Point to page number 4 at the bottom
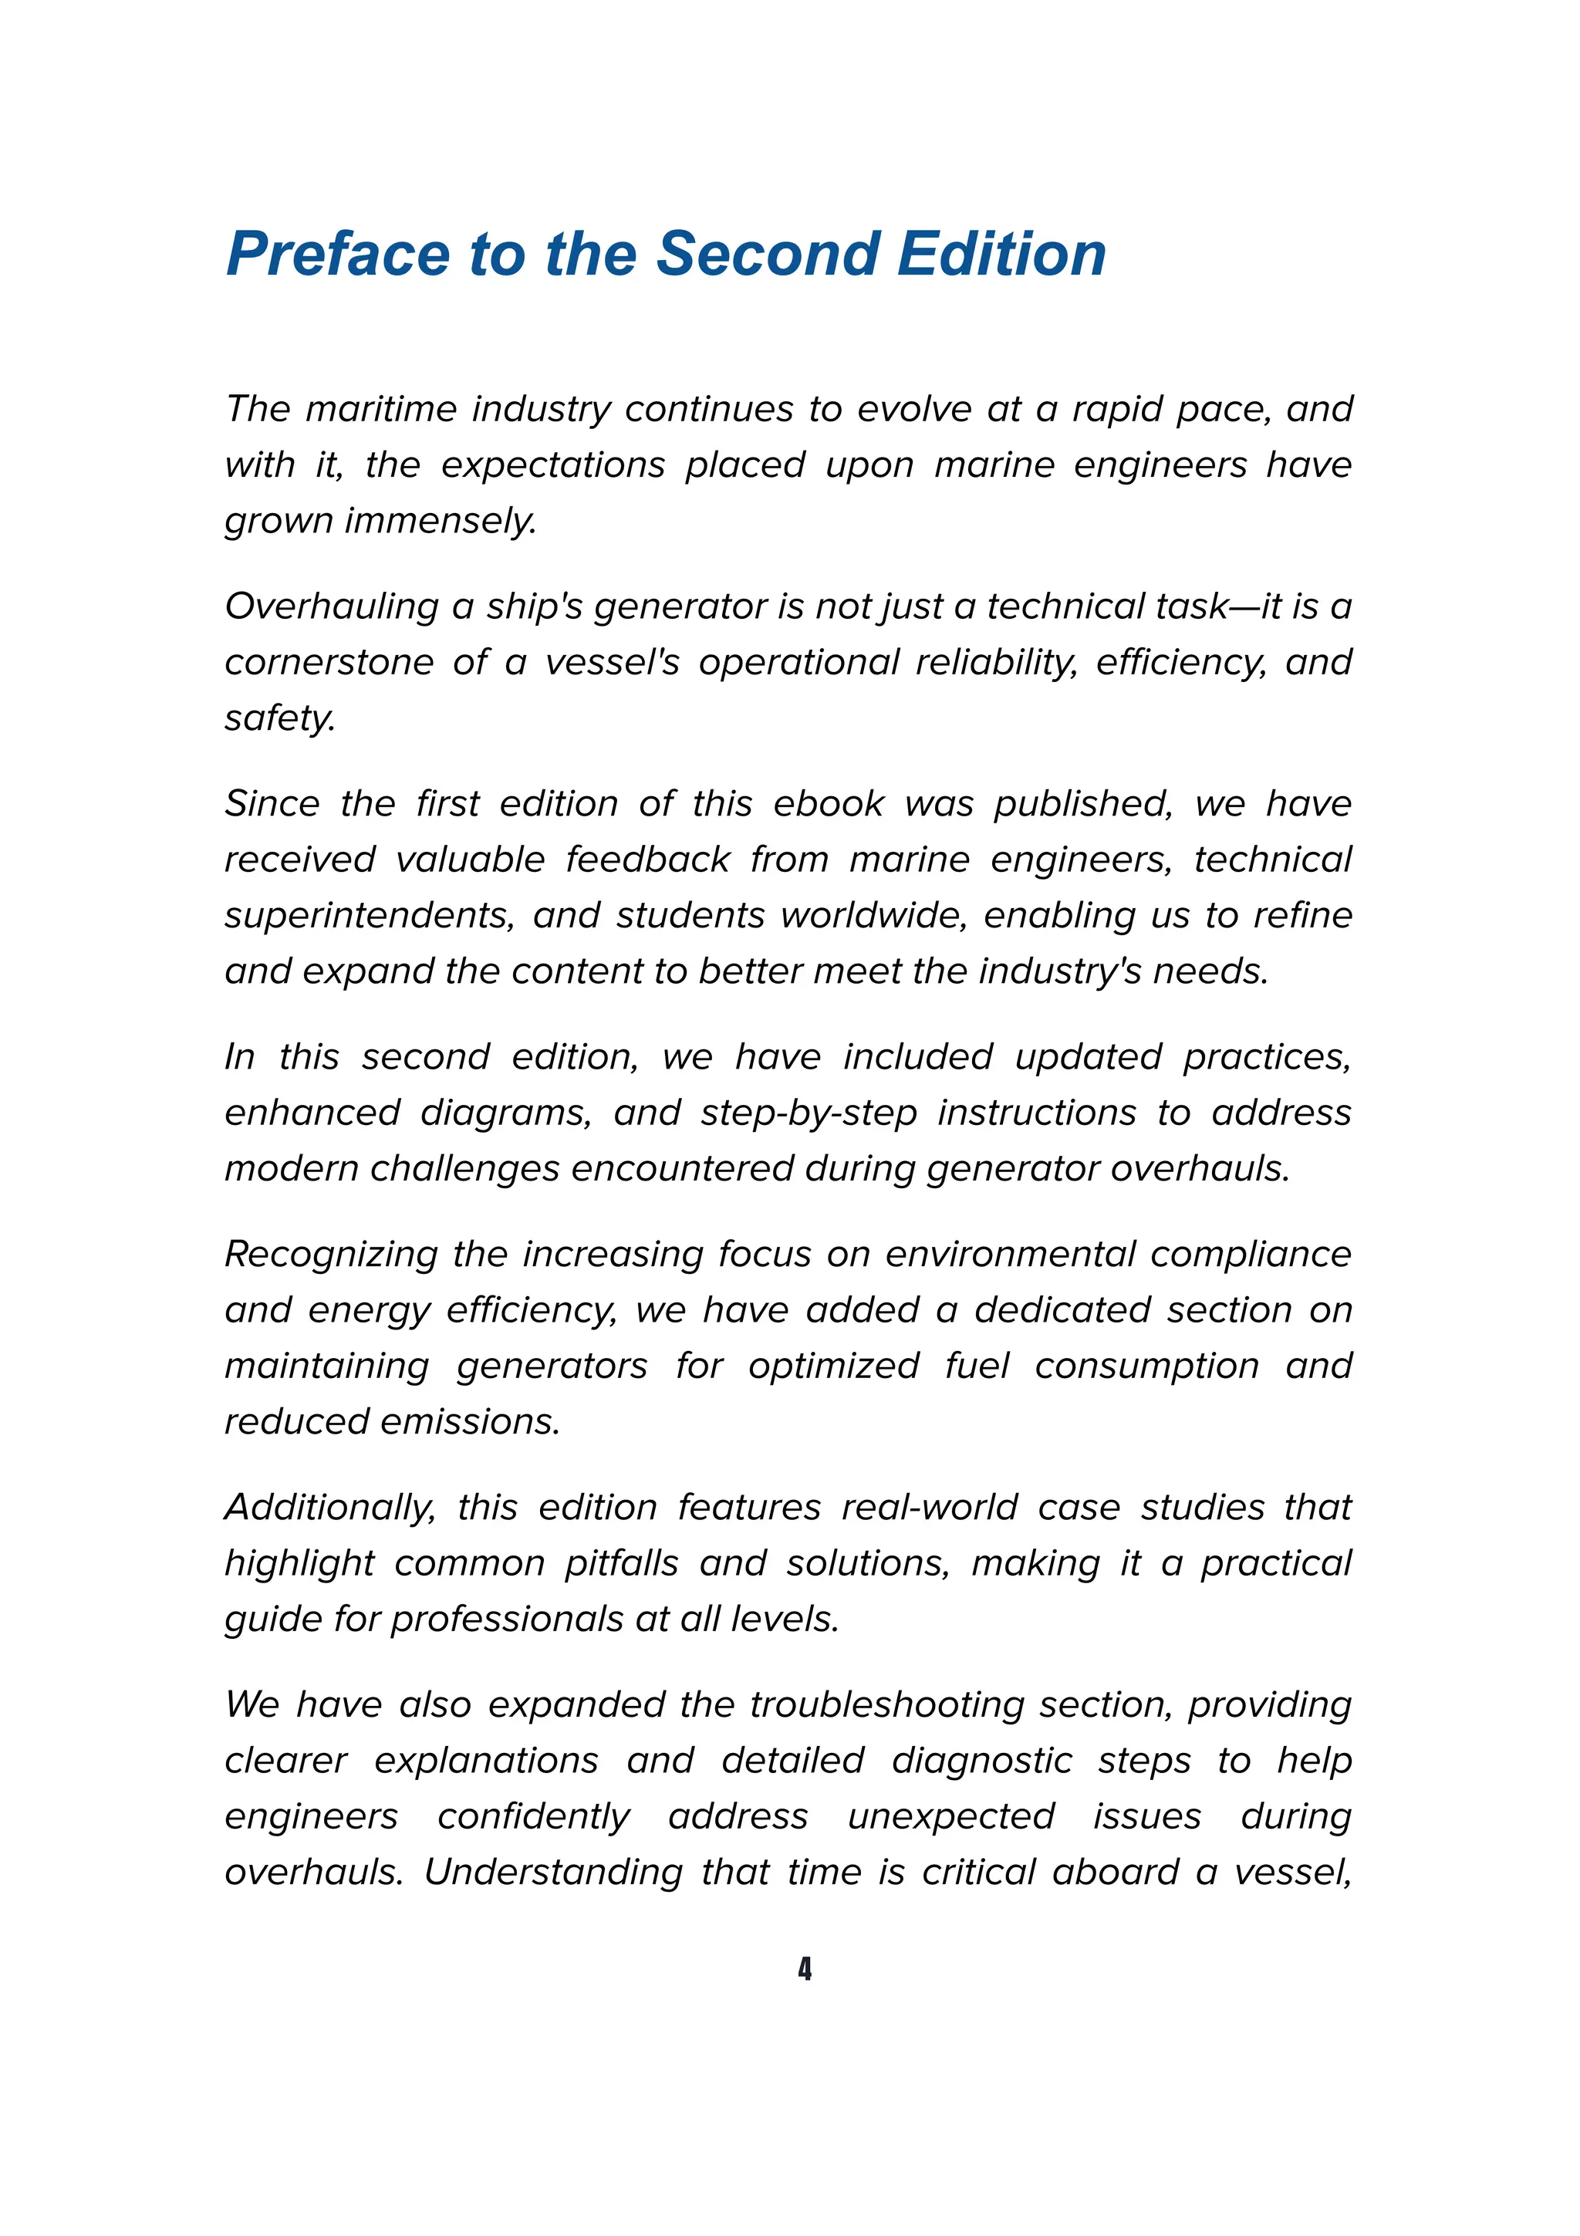tap(804, 1968)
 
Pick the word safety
tap(279, 719)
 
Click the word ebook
tap(828, 803)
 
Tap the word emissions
tap(470, 1422)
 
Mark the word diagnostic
tap(981, 1761)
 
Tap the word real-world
tap(929, 1508)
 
